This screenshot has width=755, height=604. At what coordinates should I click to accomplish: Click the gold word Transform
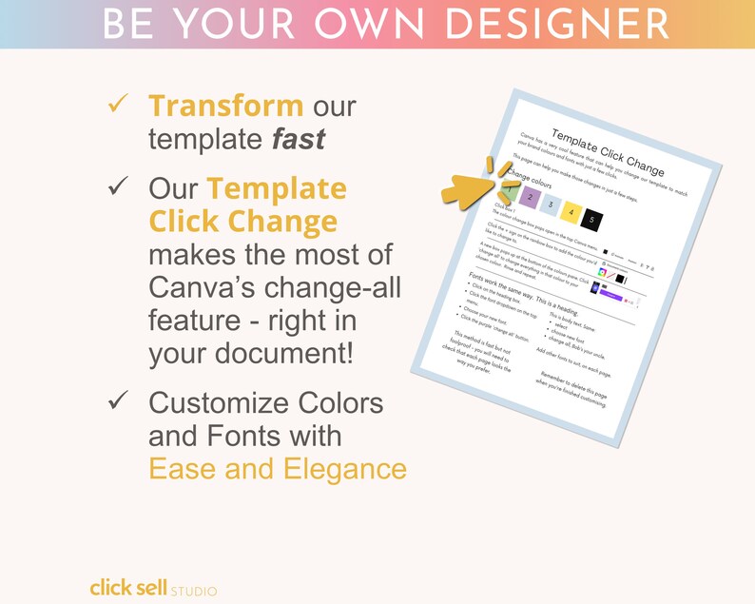click(x=225, y=107)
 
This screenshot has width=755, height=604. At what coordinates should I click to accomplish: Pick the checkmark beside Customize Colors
click(x=118, y=402)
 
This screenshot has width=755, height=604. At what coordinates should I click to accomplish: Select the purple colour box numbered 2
click(x=527, y=197)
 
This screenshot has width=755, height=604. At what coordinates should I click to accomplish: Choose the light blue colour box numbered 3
click(x=549, y=204)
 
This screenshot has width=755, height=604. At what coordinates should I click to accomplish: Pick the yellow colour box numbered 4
click(x=570, y=210)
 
